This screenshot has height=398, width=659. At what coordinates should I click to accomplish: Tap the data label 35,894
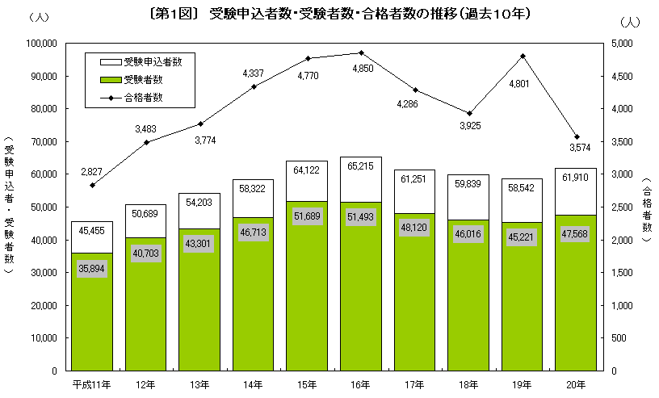92,268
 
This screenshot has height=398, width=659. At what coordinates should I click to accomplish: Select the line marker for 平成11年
92,185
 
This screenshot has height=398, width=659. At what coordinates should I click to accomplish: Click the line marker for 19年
523,56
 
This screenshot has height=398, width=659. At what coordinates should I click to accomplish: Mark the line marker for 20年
577,136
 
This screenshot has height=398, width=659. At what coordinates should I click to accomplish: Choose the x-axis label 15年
306,382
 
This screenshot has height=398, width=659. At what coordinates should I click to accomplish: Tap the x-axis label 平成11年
91,382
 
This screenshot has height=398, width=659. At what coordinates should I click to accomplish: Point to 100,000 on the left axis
38,43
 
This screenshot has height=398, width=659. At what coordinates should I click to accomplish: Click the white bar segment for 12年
145,220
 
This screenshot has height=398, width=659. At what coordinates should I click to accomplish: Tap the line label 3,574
577,149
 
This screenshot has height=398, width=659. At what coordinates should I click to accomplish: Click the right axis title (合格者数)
647,206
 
